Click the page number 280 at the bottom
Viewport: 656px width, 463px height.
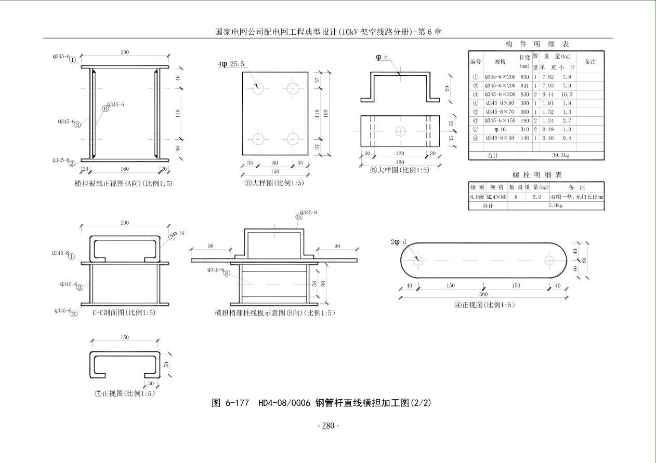[x=328, y=426]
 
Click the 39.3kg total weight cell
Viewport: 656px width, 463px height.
[x=560, y=155]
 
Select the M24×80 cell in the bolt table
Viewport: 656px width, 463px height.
[x=496, y=197]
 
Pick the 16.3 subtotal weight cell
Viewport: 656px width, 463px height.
[x=567, y=94]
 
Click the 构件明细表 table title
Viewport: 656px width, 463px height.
[x=537, y=44]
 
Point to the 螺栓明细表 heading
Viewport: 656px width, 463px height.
[x=537, y=175]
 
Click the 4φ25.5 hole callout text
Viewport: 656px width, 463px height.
[x=231, y=64]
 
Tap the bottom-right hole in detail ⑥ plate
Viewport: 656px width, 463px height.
[x=293, y=139]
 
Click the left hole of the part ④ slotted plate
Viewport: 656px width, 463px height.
[x=418, y=260]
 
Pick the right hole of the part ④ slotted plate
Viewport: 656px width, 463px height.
[x=549, y=260]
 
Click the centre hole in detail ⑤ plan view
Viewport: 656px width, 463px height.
[x=400, y=131]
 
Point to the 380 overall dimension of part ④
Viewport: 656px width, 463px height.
[x=484, y=294]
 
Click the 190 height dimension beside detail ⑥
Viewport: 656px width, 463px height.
[x=326, y=113]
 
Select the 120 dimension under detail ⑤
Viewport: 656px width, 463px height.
[x=400, y=154]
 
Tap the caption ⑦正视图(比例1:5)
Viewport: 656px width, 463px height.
[x=125, y=393]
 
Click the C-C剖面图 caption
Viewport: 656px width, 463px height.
[x=124, y=313]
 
